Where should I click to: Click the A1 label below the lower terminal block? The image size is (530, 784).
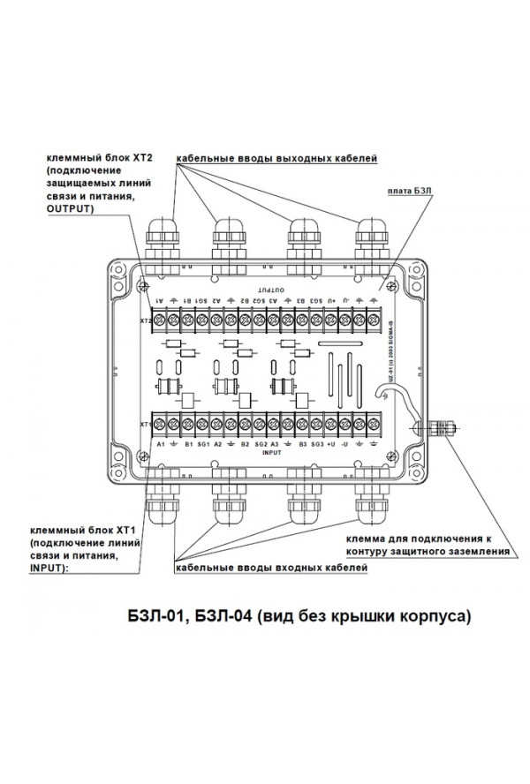pos(161,444)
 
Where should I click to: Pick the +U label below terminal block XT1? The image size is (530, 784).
pos(330,444)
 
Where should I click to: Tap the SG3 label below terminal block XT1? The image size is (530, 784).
pos(316,444)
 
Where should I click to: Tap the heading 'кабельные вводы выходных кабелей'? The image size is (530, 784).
pos(276,160)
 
